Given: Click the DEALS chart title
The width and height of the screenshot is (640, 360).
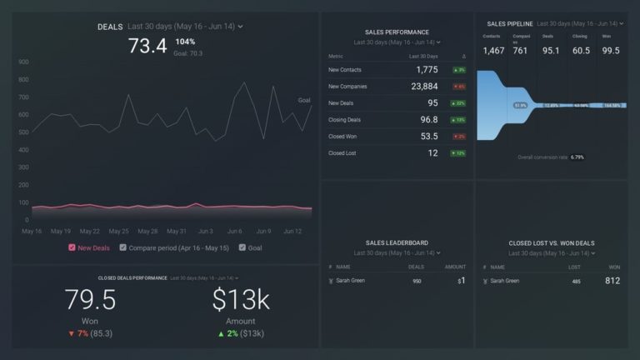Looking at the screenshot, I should [109, 27].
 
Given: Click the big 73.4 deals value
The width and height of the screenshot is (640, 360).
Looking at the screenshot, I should [147, 47].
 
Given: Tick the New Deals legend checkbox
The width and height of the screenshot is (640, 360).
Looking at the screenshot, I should [72, 247].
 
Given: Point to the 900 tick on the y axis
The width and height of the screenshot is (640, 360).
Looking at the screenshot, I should [23, 62].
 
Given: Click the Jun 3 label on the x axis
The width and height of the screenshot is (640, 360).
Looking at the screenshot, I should [205, 231].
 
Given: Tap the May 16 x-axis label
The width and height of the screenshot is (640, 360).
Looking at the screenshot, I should [32, 231].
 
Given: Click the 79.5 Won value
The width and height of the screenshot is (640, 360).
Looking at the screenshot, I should [89, 298].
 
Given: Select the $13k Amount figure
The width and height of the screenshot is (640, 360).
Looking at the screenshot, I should [241, 298].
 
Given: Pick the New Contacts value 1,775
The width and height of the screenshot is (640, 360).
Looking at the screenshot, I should [426, 69].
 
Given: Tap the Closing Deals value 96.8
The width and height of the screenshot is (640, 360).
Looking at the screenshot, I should [429, 120].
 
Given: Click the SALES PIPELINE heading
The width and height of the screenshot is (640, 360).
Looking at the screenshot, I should [508, 24].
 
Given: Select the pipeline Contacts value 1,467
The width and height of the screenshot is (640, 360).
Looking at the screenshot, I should [493, 51].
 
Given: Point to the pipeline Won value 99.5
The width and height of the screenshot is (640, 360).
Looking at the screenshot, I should [611, 51].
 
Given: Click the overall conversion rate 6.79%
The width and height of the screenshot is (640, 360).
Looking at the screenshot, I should [577, 157].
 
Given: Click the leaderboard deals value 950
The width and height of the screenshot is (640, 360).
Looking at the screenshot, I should [417, 282].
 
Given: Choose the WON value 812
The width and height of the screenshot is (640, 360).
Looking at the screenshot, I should [612, 282].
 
